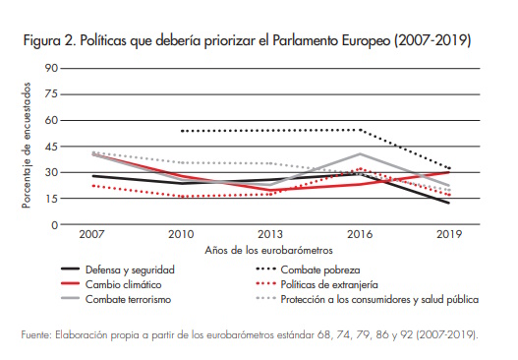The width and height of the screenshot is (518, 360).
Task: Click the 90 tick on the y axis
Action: (x=51, y=68)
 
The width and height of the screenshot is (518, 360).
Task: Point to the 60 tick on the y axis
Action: (x=51, y=120)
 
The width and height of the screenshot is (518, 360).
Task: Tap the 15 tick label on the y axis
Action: (x=51, y=199)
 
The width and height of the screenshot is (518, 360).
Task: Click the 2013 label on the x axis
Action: (x=271, y=236)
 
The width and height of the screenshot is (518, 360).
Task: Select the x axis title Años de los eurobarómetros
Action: (x=271, y=251)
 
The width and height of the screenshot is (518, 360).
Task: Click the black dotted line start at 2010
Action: (x=182, y=131)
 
